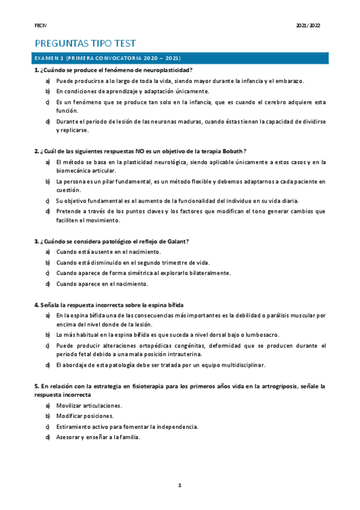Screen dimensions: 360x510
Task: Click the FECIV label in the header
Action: click(40, 25)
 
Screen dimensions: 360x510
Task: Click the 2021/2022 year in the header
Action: click(308, 25)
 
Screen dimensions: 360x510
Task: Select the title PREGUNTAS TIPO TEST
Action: click(85, 43)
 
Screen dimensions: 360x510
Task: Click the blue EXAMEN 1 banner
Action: click(180, 58)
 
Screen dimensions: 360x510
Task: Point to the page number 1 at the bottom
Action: click(180, 485)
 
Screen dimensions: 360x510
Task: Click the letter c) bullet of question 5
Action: click(47, 427)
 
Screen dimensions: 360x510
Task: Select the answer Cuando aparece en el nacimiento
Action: click(102, 283)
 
